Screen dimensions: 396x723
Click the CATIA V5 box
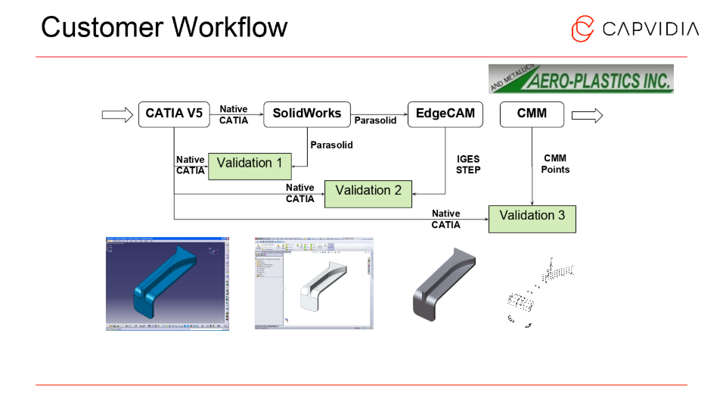tap(173, 114)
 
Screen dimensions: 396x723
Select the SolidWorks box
tap(307, 114)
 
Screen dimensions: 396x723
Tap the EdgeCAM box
tap(445, 114)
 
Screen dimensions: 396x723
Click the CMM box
tap(532, 114)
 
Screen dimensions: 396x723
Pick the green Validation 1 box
tap(250, 164)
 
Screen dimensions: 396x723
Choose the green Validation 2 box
tap(368, 192)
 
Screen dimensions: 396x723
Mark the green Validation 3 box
tap(532, 217)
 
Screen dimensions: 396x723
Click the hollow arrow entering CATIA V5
tap(116, 115)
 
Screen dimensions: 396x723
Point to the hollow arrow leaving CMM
tap(587, 115)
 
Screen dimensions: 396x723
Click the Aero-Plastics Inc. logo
tap(581, 79)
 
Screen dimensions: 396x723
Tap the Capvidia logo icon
tap(582, 29)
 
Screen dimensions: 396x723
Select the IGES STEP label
tap(468, 165)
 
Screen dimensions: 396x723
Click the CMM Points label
tap(555, 164)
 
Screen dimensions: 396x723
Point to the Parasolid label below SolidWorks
tap(331, 145)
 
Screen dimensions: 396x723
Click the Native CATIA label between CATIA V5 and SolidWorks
tap(234, 115)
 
